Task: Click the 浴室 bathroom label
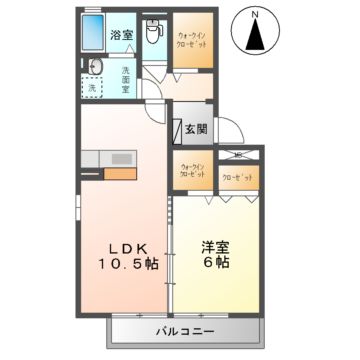[x=119, y=33]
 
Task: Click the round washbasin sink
[x=92, y=67]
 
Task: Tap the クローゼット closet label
[x=238, y=174]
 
